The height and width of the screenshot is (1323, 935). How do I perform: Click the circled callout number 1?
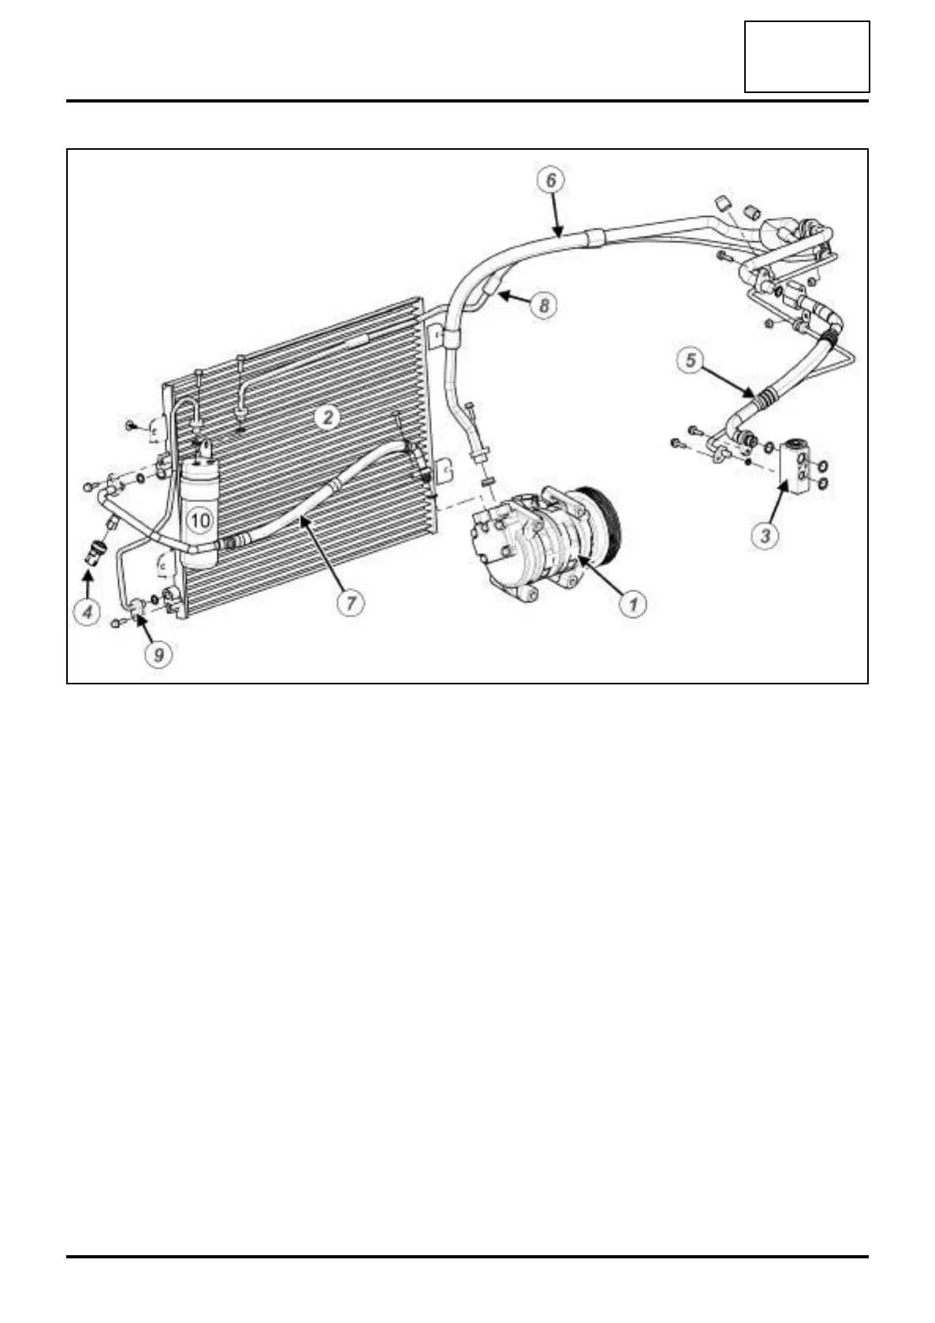[x=631, y=605]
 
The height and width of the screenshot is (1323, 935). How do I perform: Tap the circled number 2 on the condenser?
[x=328, y=417]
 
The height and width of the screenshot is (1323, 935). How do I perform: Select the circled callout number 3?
[x=765, y=536]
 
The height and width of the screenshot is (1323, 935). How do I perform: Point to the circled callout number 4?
[x=88, y=611]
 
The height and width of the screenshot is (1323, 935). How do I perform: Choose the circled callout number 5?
[x=691, y=362]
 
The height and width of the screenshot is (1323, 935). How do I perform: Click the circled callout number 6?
[x=551, y=179]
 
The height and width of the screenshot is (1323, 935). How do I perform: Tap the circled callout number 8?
[x=544, y=304]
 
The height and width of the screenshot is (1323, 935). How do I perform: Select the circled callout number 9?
[x=158, y=654]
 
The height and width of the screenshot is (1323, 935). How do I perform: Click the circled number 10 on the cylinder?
[x=199, y=520]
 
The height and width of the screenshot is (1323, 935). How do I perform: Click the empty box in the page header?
[x=806, y=57]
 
